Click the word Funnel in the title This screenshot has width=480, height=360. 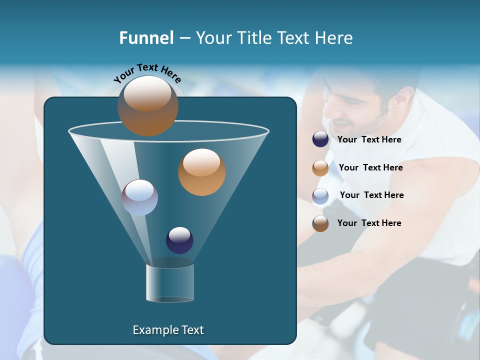click(x=146, y=38)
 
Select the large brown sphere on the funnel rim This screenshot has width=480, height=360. click(x=147, y=106)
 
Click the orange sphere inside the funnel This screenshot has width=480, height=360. click(x=201, y=172)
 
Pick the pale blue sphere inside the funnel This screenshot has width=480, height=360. click(x=139, y=197)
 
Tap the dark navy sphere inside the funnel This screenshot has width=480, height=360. click(x=179, y=240)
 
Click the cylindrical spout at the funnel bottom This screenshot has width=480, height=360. click(x=169, y=282)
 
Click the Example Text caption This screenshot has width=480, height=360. click(x=168, y=330)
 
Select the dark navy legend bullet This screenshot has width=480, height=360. click(x=320, y=139)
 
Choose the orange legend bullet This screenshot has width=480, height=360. click(x=320, y=168)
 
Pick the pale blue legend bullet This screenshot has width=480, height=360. click(x=320, y=196)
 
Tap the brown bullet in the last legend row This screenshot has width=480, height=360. click(x=320, y=223)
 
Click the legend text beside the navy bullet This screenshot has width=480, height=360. click(x=369, y=140)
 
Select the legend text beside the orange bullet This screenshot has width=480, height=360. click(x=370, y=168)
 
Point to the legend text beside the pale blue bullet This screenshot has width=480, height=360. click(x=371, y=195)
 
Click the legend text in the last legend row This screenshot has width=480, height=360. click(x=369, y=223)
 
